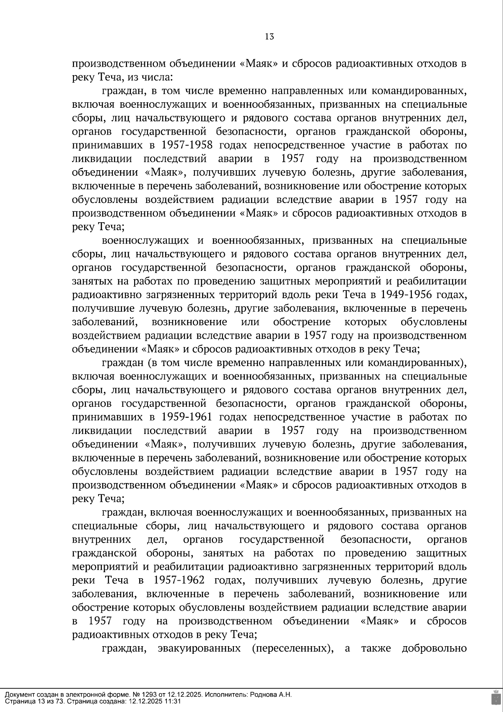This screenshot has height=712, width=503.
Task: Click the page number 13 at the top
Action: coord(270,37)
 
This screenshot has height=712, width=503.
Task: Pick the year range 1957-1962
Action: coord(179,580)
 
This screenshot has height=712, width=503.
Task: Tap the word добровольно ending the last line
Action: coord(434,648)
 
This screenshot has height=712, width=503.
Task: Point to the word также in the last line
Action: coord(376,648)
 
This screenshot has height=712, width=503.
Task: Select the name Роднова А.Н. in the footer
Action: coord(271,695)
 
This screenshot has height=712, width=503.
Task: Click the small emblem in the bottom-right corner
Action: coord(495,697)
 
